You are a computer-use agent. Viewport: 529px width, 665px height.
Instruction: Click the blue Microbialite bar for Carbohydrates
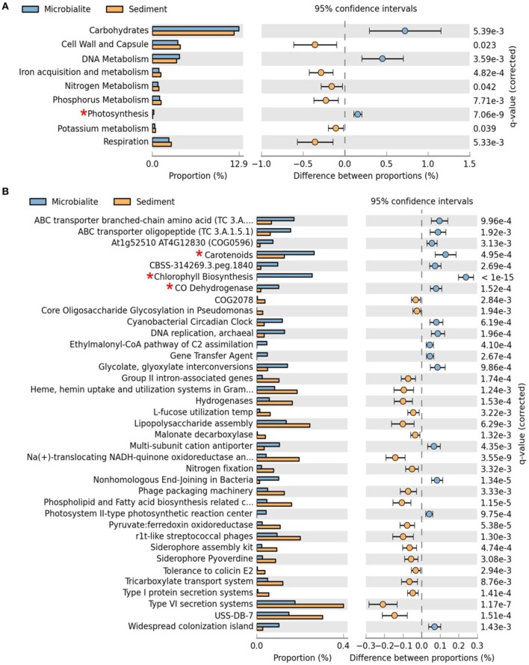point(195,28)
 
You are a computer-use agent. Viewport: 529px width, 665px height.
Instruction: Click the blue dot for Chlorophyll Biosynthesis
point(466,277)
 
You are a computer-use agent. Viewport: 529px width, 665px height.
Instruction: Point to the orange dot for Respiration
point(315,142)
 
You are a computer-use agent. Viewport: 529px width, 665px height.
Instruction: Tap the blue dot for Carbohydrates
point(404,31)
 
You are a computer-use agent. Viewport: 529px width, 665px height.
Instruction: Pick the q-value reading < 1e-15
point(497,277)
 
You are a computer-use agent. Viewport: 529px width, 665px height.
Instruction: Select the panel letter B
point(7,192)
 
